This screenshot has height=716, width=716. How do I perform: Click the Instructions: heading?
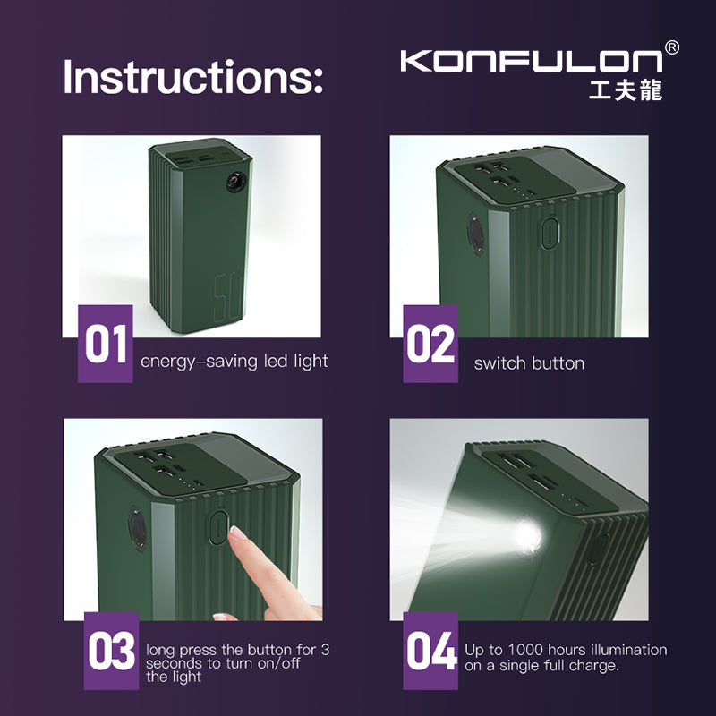tap(192, 79)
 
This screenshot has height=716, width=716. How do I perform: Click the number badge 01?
tap(106, 345)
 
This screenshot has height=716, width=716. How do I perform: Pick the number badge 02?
tap(430, 345)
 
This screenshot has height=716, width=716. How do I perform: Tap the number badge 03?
tap(112, 652)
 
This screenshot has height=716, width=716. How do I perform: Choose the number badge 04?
tap(430, 652)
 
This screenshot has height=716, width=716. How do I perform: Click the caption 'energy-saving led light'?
tap(234, 362)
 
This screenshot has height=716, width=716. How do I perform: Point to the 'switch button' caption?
tap(529, 363)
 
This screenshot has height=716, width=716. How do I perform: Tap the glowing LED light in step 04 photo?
tap(527, 537)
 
